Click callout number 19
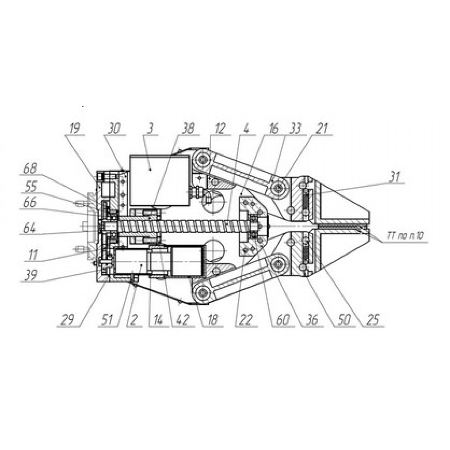tap(75, 129)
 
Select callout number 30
tap(114, 129)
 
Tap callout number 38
tap(188, 129)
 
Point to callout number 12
tap(220, 129)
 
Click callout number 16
tap(273, 129)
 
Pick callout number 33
tap(295, 129)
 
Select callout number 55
tap(31, 187)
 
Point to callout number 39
tap(31, 275)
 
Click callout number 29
tap(68, 320)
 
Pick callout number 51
tap(107, 320)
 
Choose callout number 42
tap(183, 320)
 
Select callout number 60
tap(283, 320)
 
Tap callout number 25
tap(373, 320)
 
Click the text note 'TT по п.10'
tap(405, 235)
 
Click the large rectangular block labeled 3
tap(159, 181)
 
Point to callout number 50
tap(344, 320)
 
